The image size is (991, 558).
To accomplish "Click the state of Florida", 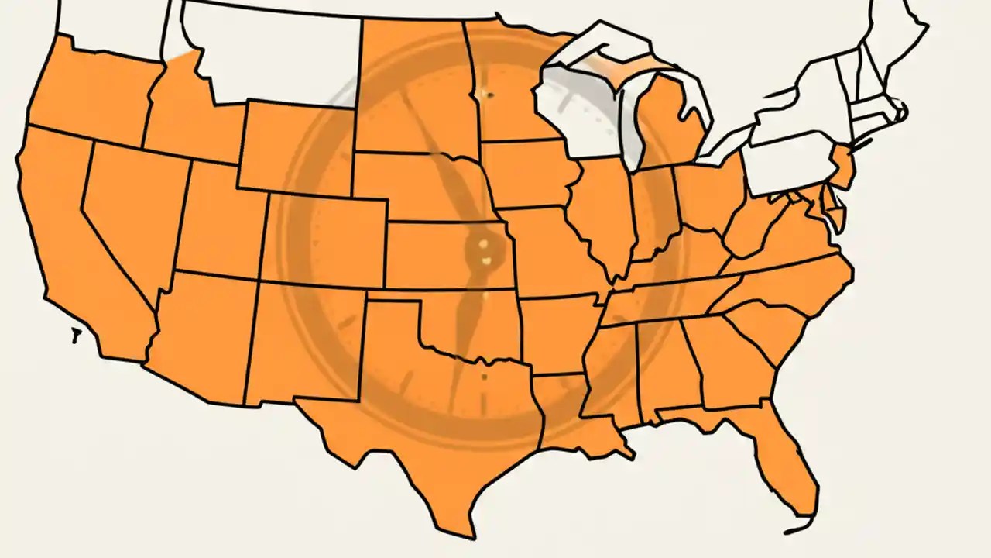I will point(782,457).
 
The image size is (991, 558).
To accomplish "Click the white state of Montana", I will point(271,54).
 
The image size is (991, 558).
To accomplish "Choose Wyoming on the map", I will point(294,147).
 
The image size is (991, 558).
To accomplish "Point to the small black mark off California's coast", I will point(76,336).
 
